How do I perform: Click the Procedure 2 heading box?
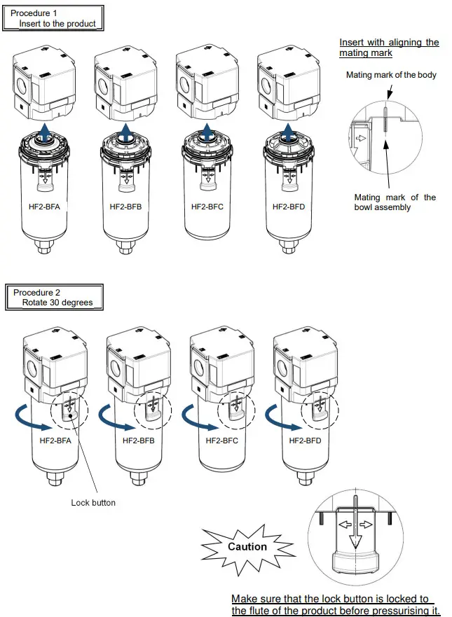pyautogui.click(x=53, y=297)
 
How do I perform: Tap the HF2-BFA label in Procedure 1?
pyautogui.click(x=46, y=207)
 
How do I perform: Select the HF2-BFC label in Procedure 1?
pyautogui.click(x=207, y=207)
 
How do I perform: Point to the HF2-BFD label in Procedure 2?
pyautogui.click(x=306, y=441)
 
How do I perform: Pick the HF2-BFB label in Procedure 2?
pyautogui.click(x=139, y=441)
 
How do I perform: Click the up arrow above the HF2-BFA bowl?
pyautogui.click(x=45, y=130)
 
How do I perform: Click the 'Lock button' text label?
pyautogui.click(x=93, y=503)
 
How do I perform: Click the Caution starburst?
pyautogui.click(x=247, y=546)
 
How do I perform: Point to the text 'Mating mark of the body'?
pyautogui.click(x=391, y=75)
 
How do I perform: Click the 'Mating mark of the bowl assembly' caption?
pyautogui.click(x=395, y=202)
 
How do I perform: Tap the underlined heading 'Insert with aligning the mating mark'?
pyautogui.click(x=389, y=48)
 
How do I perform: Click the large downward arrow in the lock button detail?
pyautogui.click(x=356, y=532)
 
